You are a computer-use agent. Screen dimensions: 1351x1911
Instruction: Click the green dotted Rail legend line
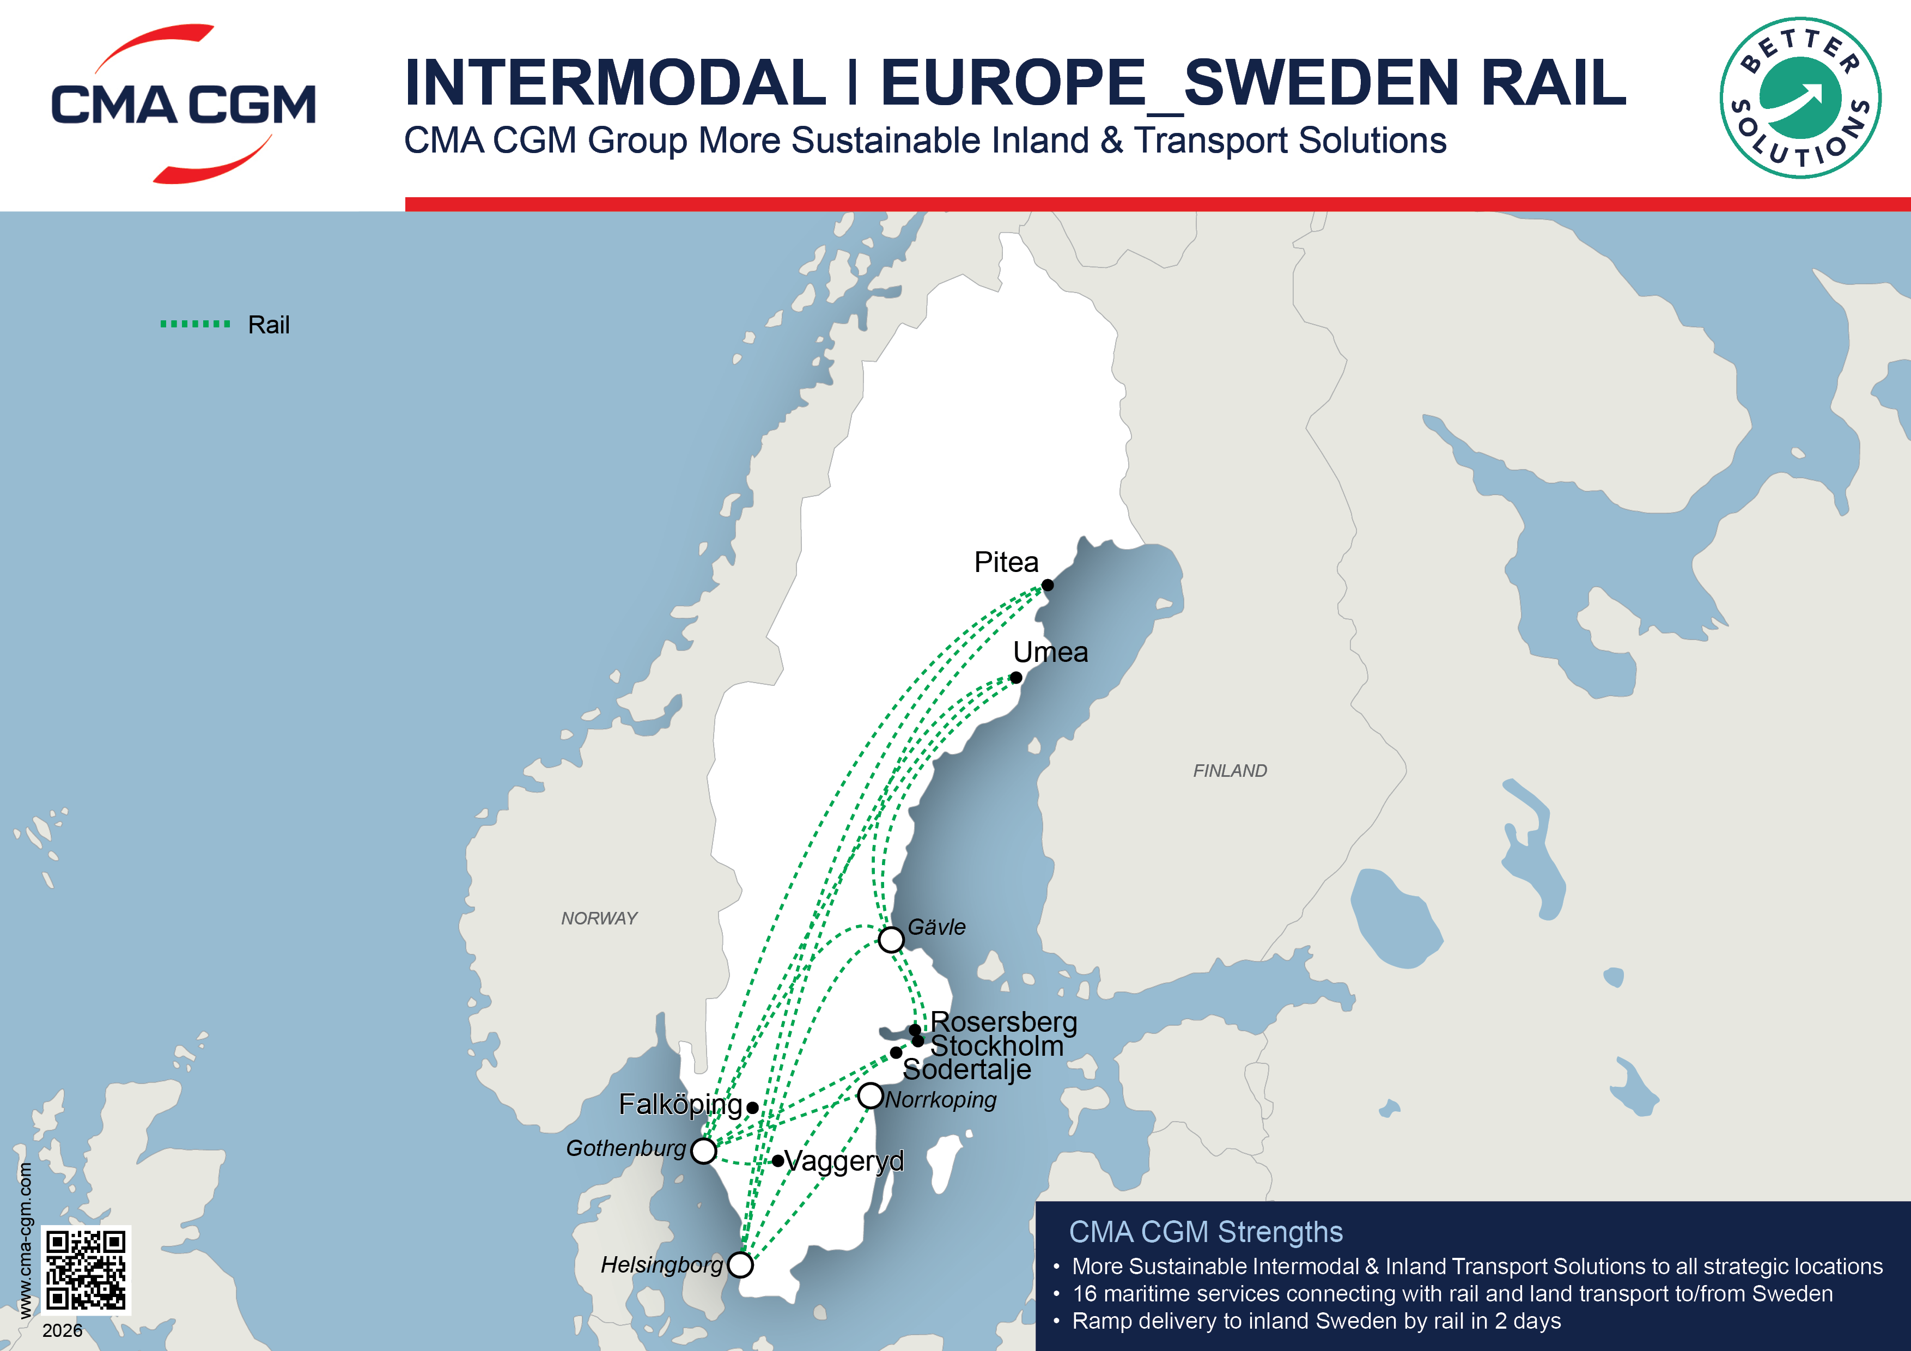click(x=196, y=324)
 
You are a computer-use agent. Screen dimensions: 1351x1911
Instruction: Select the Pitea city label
click(x=1006, y=563)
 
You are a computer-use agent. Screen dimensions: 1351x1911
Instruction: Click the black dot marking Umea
click(x=1017, y=678)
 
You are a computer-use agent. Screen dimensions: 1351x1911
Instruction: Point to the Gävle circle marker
click(x=891, y=940)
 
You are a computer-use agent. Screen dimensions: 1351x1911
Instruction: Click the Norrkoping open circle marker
click(x=870, y=1096)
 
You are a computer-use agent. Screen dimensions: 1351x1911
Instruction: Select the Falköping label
click(x=680, y=1105)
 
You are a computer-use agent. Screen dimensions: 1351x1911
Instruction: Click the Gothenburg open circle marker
click(x=703, y=1151)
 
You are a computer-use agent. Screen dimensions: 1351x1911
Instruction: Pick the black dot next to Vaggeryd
click(x=777, y=1160)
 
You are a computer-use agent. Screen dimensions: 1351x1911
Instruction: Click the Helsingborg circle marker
click(x=740, y=1264)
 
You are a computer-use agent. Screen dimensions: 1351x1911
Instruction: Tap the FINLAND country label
click(x=1230, y=771)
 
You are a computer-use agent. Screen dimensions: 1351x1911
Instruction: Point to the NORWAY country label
click(x=599, y=918)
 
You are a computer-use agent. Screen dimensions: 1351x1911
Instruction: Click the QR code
click(x=86, y=1269)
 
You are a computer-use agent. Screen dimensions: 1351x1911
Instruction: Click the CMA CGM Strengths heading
click(x=1205, y=1232)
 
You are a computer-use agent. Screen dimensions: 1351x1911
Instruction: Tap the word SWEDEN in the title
click(x=1321, y=83)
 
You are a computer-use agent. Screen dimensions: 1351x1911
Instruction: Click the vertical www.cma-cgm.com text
click(x=25, y=1240)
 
